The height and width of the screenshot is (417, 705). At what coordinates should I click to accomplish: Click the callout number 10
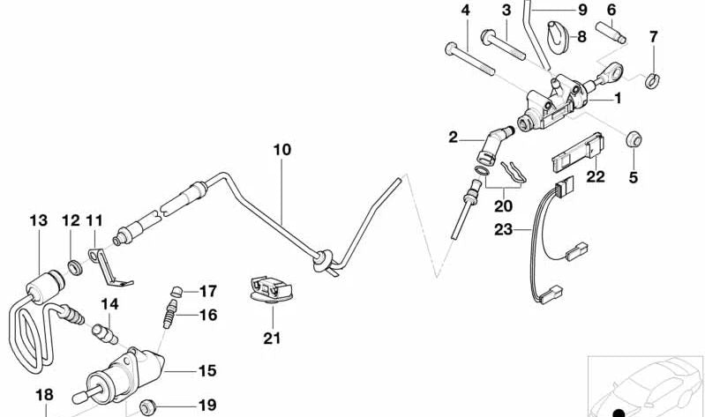pos(281,151)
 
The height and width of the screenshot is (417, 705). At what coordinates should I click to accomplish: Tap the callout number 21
pos(270,336)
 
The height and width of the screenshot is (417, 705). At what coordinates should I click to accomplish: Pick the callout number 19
pos(206,406)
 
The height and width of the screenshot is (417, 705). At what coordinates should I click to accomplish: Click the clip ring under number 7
pos(652,81)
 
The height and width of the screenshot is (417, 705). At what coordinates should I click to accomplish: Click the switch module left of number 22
pos(573,153)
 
